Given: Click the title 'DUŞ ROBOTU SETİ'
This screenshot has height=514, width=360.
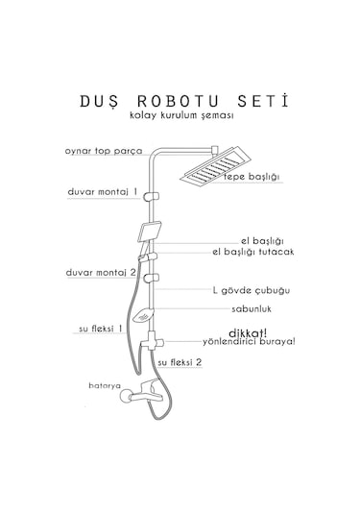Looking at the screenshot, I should pyautogui.click(x=180, y=99).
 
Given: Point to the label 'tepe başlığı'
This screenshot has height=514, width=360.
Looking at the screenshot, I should pyautogui.click(x=251, y=177).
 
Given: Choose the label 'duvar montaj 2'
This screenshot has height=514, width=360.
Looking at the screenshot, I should pyautogui.click(x=103, y=272).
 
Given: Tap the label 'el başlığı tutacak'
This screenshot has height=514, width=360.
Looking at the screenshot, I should pyautogui.click(x=253, y=252).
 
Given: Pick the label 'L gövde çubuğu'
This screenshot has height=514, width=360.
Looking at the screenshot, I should pyautogui.click(x=251, y=289).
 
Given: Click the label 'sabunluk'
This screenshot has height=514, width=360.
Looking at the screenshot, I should pyautogui.click(x=252, y=310).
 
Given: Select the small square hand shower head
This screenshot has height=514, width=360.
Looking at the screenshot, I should pyautogui.click(x=152, y=232).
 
